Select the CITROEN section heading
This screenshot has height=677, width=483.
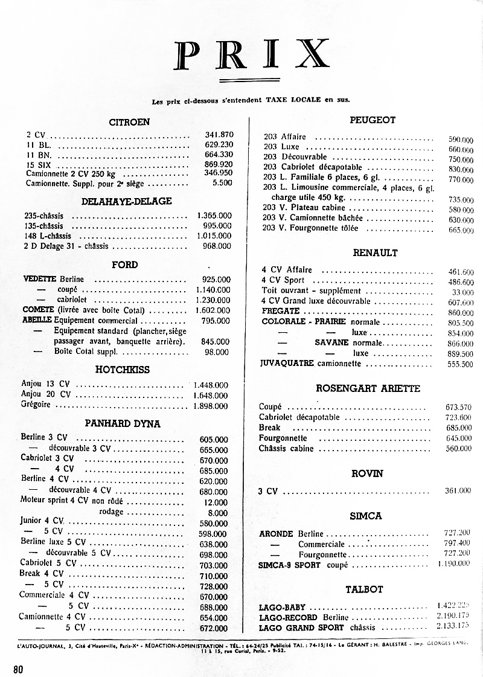[x=129, y=122]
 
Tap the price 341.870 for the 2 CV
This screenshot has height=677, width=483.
[x=219, y=135]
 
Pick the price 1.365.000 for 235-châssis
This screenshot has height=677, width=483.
[x=214, y=216]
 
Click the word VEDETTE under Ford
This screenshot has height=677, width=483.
[x=39, y=280]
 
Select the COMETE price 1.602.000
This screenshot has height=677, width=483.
[x=213, y=310]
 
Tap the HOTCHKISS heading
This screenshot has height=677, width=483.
[x=123, y=370]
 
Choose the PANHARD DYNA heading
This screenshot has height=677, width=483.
[x=123, y=424]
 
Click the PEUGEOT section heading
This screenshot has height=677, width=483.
[x=373, y=120]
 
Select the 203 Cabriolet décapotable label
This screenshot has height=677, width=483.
[x=313, y=167]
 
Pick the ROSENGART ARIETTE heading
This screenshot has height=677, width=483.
[x=368, y=388]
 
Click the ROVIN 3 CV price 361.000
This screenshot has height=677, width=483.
[x=458, y=491]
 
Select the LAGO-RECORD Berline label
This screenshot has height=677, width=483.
[x=304, y=618]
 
